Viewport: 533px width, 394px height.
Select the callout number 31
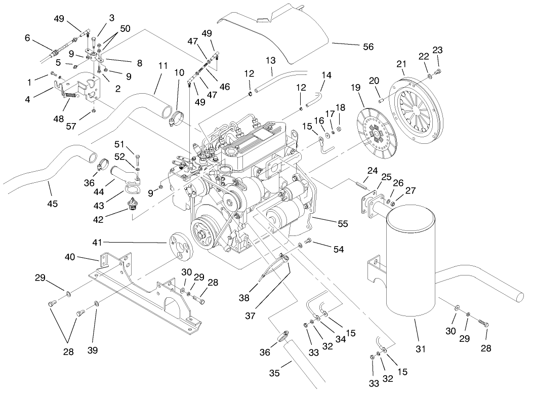coord(421,349)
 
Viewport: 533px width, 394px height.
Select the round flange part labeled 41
coord(179,244)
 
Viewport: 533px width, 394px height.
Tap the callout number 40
coord(70,257)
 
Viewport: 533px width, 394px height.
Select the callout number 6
coord(27,38)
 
